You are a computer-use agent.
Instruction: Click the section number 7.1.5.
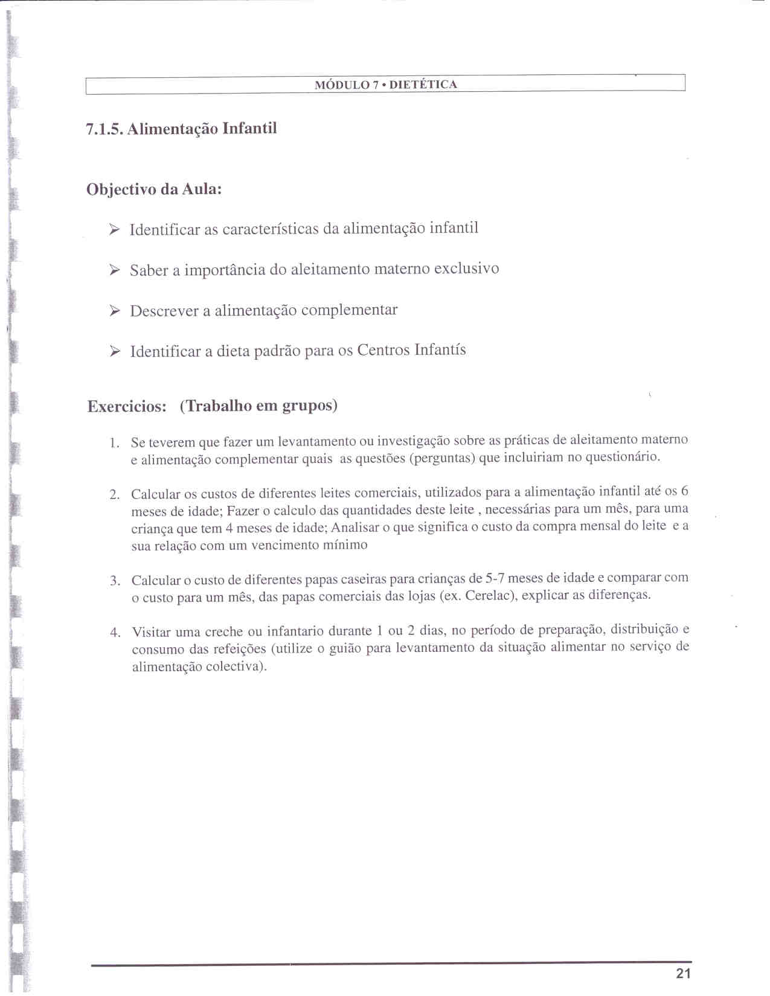[104, 129]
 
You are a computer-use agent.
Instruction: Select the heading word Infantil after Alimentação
[249, 129]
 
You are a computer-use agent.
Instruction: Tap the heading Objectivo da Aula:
[154, 190]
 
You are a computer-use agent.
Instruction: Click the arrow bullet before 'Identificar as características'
[115, 229]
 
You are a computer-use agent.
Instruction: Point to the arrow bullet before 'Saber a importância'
[115, 270]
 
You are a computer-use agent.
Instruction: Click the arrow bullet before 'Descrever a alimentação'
[115, 311]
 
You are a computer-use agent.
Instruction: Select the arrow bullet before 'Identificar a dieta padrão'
[115, 351]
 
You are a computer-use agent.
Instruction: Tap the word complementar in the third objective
[349, 310]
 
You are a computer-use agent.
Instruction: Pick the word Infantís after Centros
[440, 350]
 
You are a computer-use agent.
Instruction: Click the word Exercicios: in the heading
[127, 406]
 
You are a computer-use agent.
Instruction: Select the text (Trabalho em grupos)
[258, 405]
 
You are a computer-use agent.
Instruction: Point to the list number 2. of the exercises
[115, 495]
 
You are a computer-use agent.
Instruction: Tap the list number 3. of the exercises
[115, 581]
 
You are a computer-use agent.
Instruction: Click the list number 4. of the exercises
[115, 633]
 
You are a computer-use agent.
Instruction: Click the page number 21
[683, 973]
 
